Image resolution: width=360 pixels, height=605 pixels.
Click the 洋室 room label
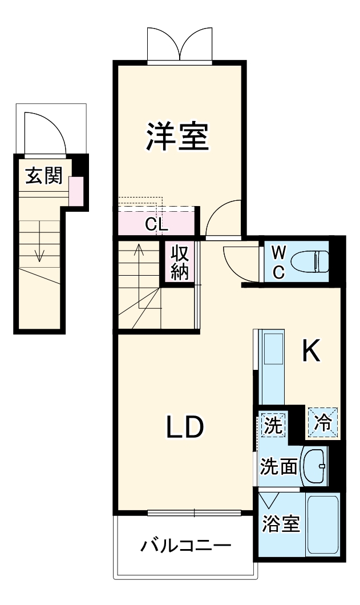177,136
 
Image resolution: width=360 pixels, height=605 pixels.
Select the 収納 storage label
180,263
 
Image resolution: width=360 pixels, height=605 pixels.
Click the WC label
278,262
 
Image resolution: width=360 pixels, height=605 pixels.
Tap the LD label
185,427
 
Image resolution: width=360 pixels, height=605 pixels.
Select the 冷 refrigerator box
323,423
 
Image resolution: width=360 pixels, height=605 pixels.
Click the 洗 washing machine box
272,425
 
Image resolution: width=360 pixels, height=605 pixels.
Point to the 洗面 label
278,466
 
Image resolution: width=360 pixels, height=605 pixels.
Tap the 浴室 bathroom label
281,523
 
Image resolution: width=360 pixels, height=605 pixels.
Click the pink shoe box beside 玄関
76,191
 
